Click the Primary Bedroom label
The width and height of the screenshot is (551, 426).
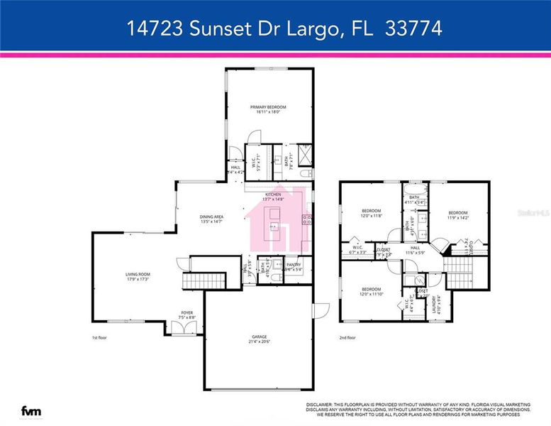coord(267,106)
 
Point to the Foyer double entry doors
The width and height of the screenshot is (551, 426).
coord(187,328)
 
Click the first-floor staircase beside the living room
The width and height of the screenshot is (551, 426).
coord(193,282)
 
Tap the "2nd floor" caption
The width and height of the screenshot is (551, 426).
coord(347,338)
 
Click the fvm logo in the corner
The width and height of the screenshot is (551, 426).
coord(30,410)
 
